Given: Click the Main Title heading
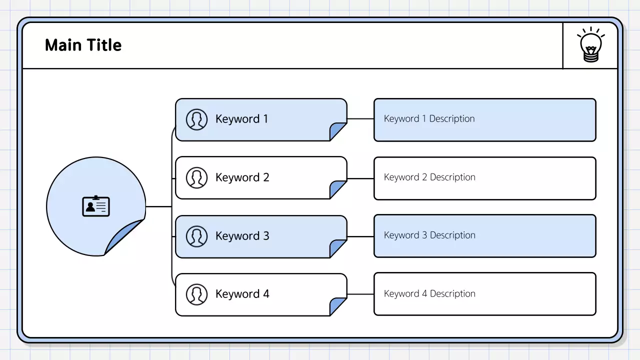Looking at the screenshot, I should point(83,45).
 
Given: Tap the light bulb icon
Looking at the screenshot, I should point(590,45).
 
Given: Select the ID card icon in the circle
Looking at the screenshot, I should point(95,206).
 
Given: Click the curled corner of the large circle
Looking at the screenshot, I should point(122,237).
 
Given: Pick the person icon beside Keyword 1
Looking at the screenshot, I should point(196,119).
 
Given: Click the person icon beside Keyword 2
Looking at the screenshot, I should point(196,177).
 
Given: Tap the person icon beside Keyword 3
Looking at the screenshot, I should point(196,236).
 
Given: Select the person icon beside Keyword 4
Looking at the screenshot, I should point(196,294).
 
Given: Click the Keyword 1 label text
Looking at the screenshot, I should point(241,119).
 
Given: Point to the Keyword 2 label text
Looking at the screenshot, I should point(242,177).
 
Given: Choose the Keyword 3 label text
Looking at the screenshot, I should point(242,236).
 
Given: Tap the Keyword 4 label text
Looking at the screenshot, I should point(242,294).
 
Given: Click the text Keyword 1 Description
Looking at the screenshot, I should point(429,119).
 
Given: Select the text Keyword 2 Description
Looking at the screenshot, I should point(429,177).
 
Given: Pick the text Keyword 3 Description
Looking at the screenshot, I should point(429,235).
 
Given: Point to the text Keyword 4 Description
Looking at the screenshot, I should point(429,294).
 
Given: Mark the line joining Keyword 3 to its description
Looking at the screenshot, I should point(360,236).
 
